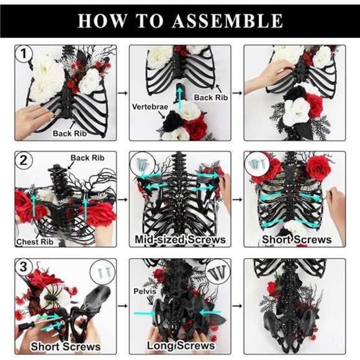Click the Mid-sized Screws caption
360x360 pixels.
coord(180,240)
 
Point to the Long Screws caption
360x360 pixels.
coord(180,345)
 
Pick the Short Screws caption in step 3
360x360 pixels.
coord(66,346)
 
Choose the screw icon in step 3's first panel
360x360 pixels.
coord(102,271)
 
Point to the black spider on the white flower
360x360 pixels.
coord(52,298)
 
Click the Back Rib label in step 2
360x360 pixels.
coord(83,158)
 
